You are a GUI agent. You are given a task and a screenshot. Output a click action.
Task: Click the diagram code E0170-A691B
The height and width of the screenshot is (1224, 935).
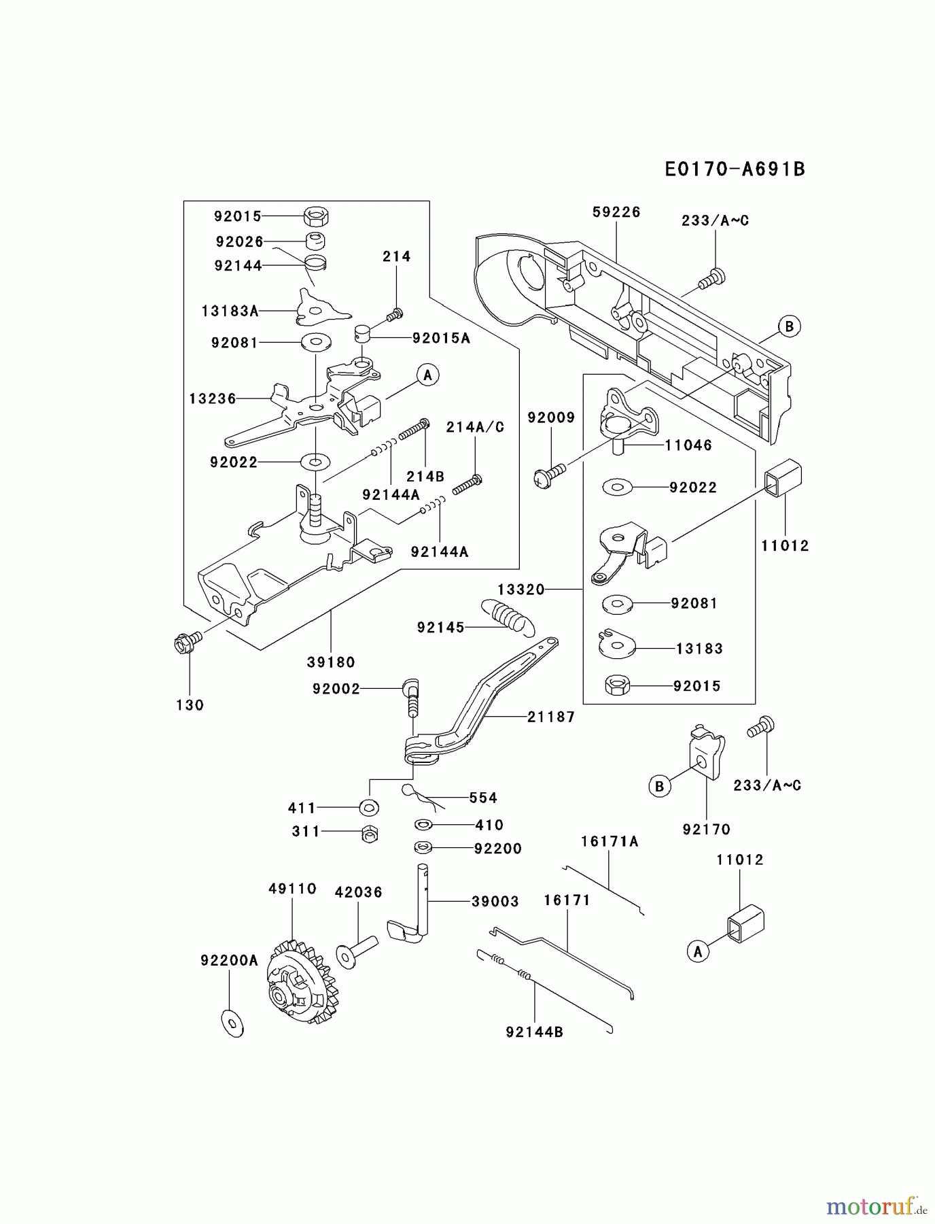[x=735, y=169]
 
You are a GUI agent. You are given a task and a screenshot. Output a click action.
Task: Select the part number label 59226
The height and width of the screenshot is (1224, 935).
[x=616, y=212]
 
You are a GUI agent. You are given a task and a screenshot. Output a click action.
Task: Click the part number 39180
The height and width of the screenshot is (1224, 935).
[x=331, y=662]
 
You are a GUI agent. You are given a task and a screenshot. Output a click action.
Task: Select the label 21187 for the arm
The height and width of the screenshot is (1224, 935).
[x=551, y=717]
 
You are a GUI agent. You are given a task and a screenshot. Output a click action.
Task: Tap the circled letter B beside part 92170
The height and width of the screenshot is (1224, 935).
[x=659, y=787]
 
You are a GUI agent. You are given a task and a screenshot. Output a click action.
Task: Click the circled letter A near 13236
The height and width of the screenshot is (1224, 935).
[x=427, y=375]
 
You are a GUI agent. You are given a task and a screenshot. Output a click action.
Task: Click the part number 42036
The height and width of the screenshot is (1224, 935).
[x=358, y=892]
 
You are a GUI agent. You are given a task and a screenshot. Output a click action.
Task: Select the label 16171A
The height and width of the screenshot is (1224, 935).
[x=610, y=842]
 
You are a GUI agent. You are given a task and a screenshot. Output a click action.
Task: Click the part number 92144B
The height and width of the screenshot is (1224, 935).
[x=534, y=1032]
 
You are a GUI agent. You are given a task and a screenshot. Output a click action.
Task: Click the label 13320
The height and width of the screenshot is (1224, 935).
[x=521, y=590]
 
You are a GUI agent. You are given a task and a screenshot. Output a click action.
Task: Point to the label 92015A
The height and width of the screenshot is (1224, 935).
[x=441, y=338]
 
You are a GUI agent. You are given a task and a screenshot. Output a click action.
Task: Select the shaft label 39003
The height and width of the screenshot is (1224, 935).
[x=495, y=902]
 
